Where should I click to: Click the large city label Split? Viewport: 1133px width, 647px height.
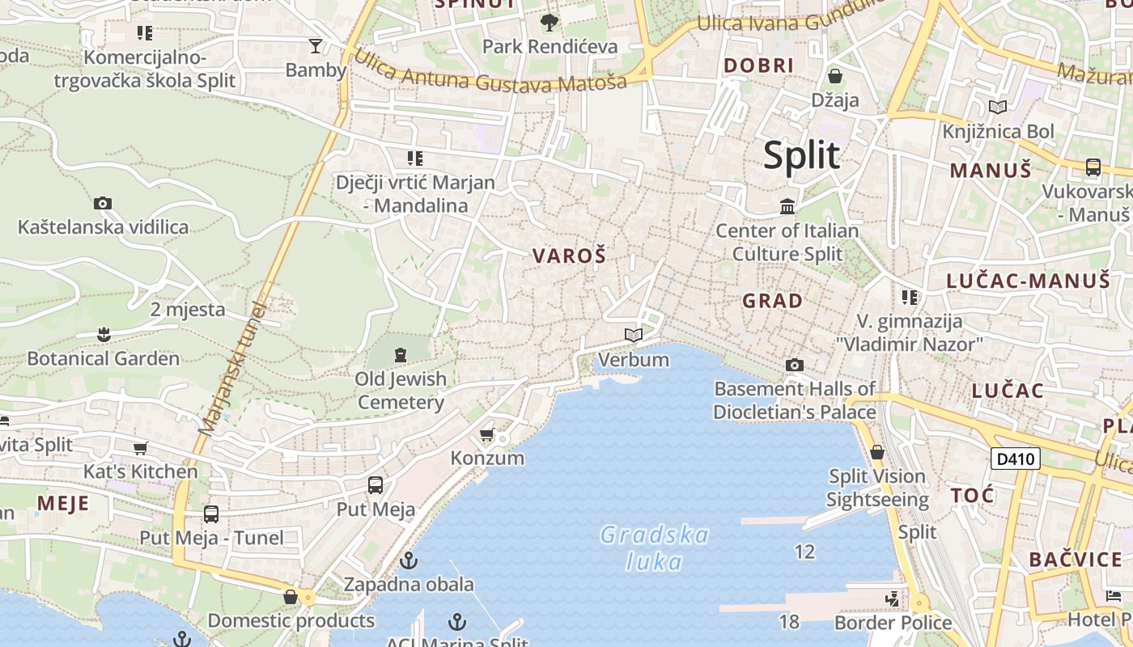[x=801, y=155]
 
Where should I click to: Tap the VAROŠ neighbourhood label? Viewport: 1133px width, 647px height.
[x=569, y=256]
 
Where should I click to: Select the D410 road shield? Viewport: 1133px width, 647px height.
[x=1015, y=459]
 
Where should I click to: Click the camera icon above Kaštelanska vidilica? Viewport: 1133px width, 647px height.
[x=103, y=203]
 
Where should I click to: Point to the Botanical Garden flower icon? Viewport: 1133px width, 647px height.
[x=104, y=334]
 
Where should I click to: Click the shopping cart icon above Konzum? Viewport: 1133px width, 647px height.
[x=487, y=435]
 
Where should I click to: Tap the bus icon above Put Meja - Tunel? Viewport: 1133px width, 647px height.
[x=211, y=514]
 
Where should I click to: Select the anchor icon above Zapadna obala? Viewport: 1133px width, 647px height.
[x=409, y=560]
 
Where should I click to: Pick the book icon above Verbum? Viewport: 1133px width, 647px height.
[x=634, y=335]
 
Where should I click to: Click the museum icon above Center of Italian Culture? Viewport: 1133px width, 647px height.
[x=787, y=206]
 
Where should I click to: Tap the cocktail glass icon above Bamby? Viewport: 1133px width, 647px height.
[x=316, y=45]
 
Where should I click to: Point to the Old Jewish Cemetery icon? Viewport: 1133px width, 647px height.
[x=400, y=354]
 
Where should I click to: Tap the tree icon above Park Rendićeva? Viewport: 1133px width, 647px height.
[x=550, y=22]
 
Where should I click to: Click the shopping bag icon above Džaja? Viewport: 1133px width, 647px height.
[x=835, y=76]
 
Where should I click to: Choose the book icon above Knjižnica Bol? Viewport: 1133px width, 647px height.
[x=998, y=107]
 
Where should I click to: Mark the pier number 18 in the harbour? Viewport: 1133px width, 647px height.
[x=789, y=621]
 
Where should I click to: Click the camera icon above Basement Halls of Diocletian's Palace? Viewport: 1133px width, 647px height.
[x=795, y=365]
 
